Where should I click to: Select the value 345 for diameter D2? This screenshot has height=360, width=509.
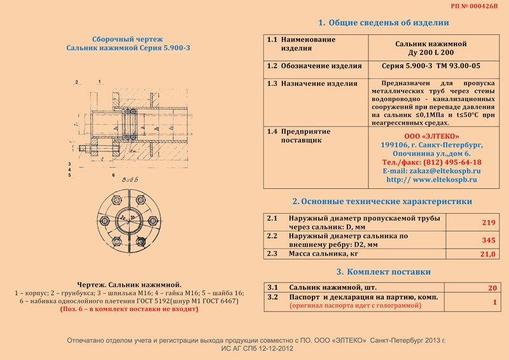click(488, 239)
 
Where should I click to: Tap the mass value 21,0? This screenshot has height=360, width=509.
click(487, 254)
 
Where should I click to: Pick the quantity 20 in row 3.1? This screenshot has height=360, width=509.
click(492, 288)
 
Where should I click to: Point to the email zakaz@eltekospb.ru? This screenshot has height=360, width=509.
click(431, 171)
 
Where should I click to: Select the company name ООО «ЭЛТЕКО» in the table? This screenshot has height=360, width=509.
click(431, 136)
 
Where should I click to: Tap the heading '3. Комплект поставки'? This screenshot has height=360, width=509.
click(383, 272)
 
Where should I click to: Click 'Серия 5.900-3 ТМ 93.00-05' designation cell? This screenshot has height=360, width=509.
click(431, 66)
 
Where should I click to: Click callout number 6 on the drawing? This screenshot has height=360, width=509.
click(113, 174)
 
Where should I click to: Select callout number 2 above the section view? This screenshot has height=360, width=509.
click(76, 82)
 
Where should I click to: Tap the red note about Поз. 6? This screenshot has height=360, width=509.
click(129, 308)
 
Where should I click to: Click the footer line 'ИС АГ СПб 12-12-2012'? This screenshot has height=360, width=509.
click(256, 349)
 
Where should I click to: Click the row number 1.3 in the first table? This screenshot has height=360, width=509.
click(272, 83)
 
